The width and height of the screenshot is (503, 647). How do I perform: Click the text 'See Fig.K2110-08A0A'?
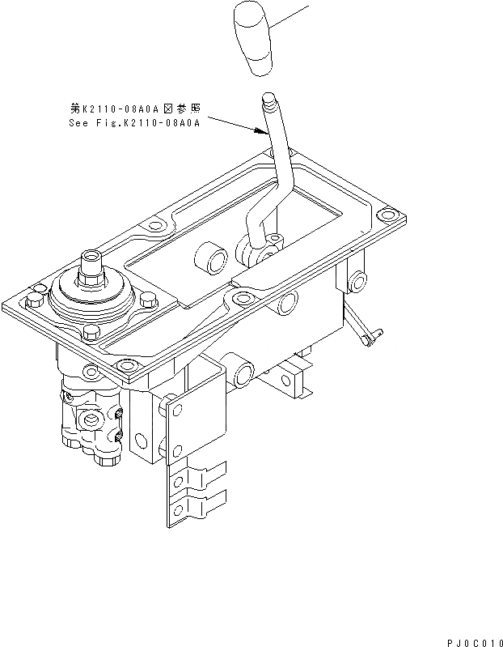[x=134, y=123]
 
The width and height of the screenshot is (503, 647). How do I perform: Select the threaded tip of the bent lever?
[x=268, y=104]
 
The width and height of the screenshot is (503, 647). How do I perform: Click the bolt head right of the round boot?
[x=146, y=300]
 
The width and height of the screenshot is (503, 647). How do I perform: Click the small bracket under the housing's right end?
[x=288, y=377]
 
